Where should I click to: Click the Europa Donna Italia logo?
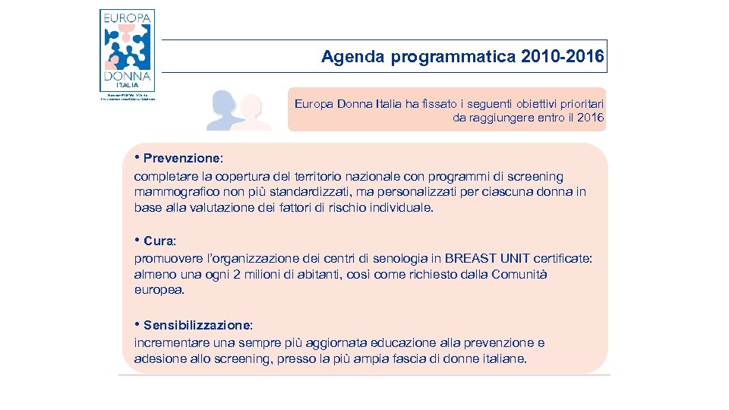(x=127, y=52)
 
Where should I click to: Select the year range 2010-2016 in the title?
(x=563, y=57)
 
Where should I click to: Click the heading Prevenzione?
(x=182, y=159)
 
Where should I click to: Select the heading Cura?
(x=159, y=241)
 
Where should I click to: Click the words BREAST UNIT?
(x=483, y=258)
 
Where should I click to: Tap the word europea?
(x=159, y=290)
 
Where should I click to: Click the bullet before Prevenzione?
(x=137, y=159)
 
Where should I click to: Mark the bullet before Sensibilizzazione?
(x=137, y=325)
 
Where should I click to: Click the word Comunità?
(x=520, y=274)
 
